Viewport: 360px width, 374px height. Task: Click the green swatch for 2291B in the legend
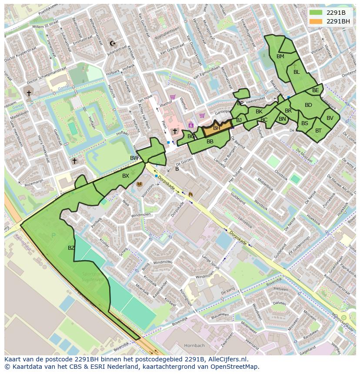click(316, 13)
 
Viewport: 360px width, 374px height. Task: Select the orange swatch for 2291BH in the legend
click(316, 21)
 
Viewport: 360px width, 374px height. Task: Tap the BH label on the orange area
click(217, 128)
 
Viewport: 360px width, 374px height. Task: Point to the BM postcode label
click(280, 56)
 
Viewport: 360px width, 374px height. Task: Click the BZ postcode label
click(71, 248)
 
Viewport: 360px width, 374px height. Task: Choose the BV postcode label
click(330, 118)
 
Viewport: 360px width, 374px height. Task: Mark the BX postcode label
click(126, 176)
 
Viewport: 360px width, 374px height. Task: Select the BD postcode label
click(308, 105)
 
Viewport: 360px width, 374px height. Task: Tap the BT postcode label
click(318, 131)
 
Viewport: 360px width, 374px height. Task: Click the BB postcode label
click(210, 142)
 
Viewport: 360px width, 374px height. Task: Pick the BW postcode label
click(134, 158)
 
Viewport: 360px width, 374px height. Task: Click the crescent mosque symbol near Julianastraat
click(113, 43)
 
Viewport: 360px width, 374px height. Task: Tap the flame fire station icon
click(190, 194)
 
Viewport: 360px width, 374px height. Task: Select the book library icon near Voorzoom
click(140, 185)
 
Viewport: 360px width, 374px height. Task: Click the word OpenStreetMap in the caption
click(237, 367)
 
